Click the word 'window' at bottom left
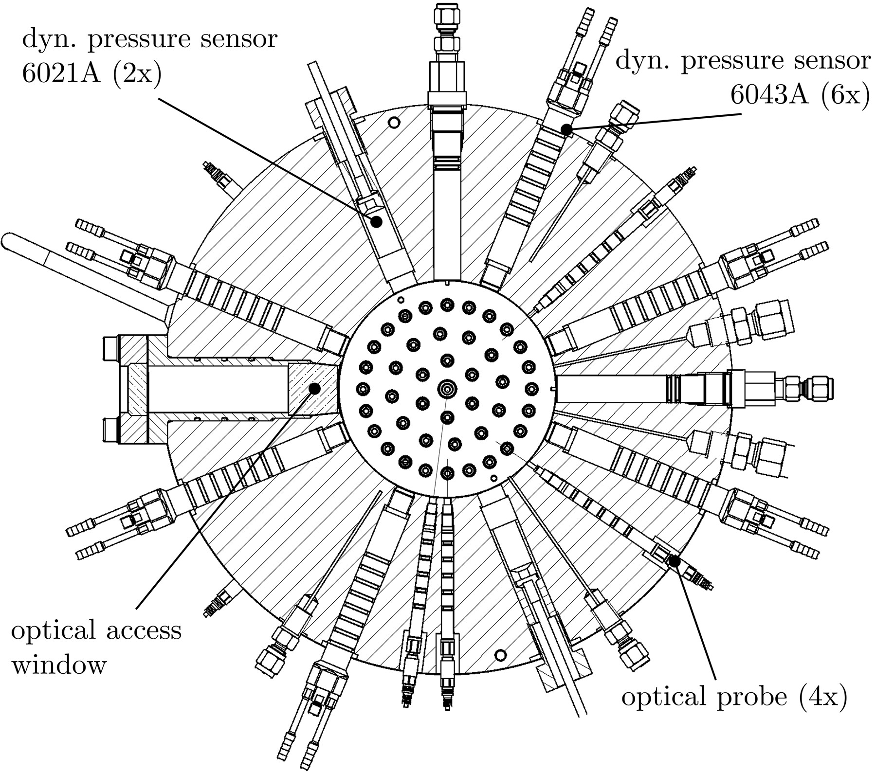pyautogui.click(x=58, y=665)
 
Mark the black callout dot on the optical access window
pyautogui.click(x=315, y=388)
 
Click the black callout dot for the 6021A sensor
pyautogui.click(x=377, y=222)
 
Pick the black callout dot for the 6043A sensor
pyautogui.click(x=566, y=129)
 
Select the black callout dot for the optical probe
pyautogui.click(x=674, y=561)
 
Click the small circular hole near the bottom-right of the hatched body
pyautogui.click(x=500, y=655)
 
